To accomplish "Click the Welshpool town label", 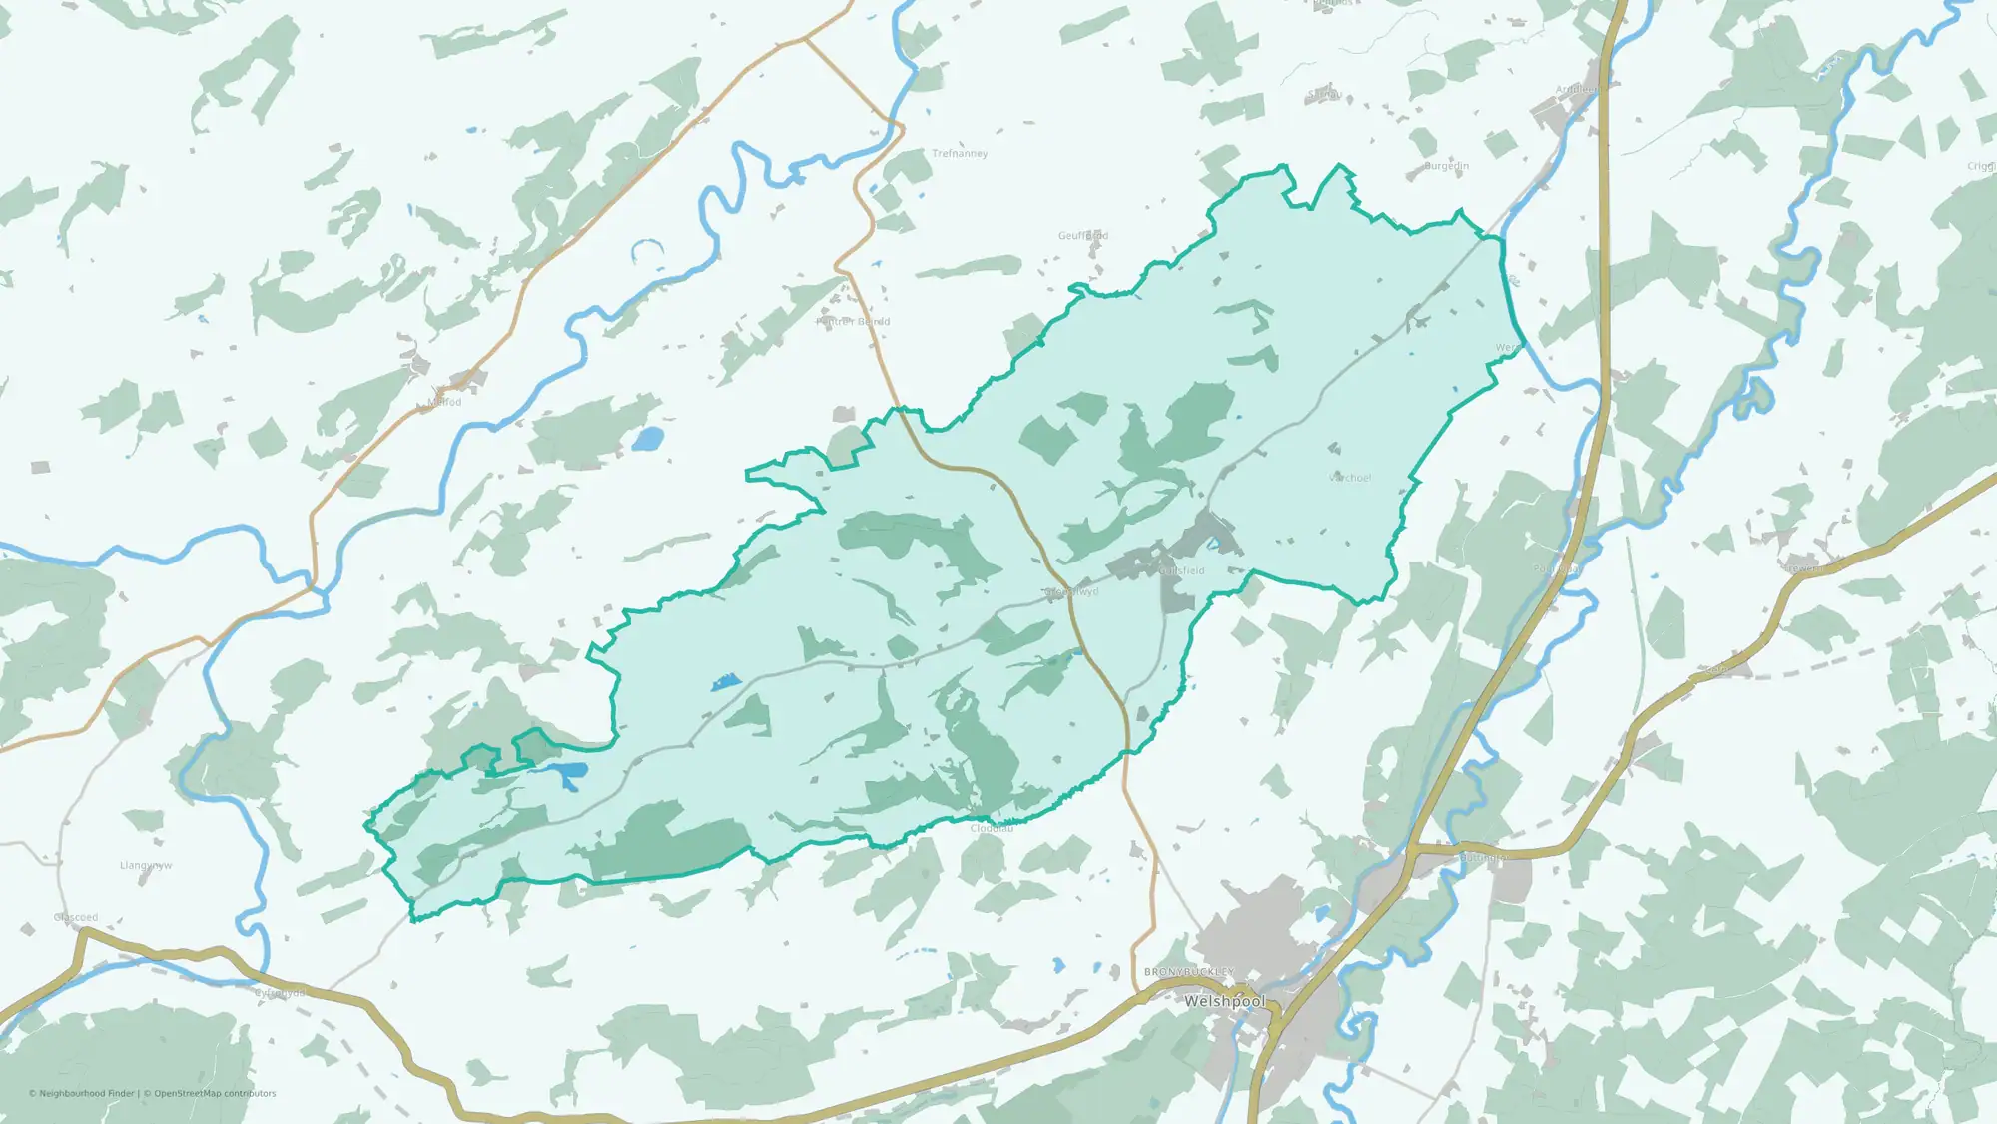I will click(x=1224, y=1001).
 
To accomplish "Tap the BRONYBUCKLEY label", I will click(x=1189, y=972).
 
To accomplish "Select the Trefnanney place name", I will click(x=960, y=154).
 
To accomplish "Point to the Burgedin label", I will click(x=1446, y=166).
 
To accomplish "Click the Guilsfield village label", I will click(x=1182, y=571).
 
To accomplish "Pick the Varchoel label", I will click(x=1350, y=478).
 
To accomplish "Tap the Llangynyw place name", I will click(x=146, y=866).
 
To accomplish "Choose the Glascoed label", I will click(x=76, y=917).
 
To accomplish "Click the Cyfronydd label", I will click(x=280, y=993).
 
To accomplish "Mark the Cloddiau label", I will click(x=992, y=828).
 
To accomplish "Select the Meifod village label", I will click(x=444, y=402).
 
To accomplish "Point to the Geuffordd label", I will click(x=1083, y=236).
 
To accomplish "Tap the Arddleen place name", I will click(x=1577, y=90).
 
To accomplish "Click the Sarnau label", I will click(x=1324, y=95).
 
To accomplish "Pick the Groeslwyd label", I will click(x=1071, y=592).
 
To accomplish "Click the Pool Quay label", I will click(x=1556, y=569).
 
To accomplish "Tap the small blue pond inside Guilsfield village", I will click(x=1214, y=545).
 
